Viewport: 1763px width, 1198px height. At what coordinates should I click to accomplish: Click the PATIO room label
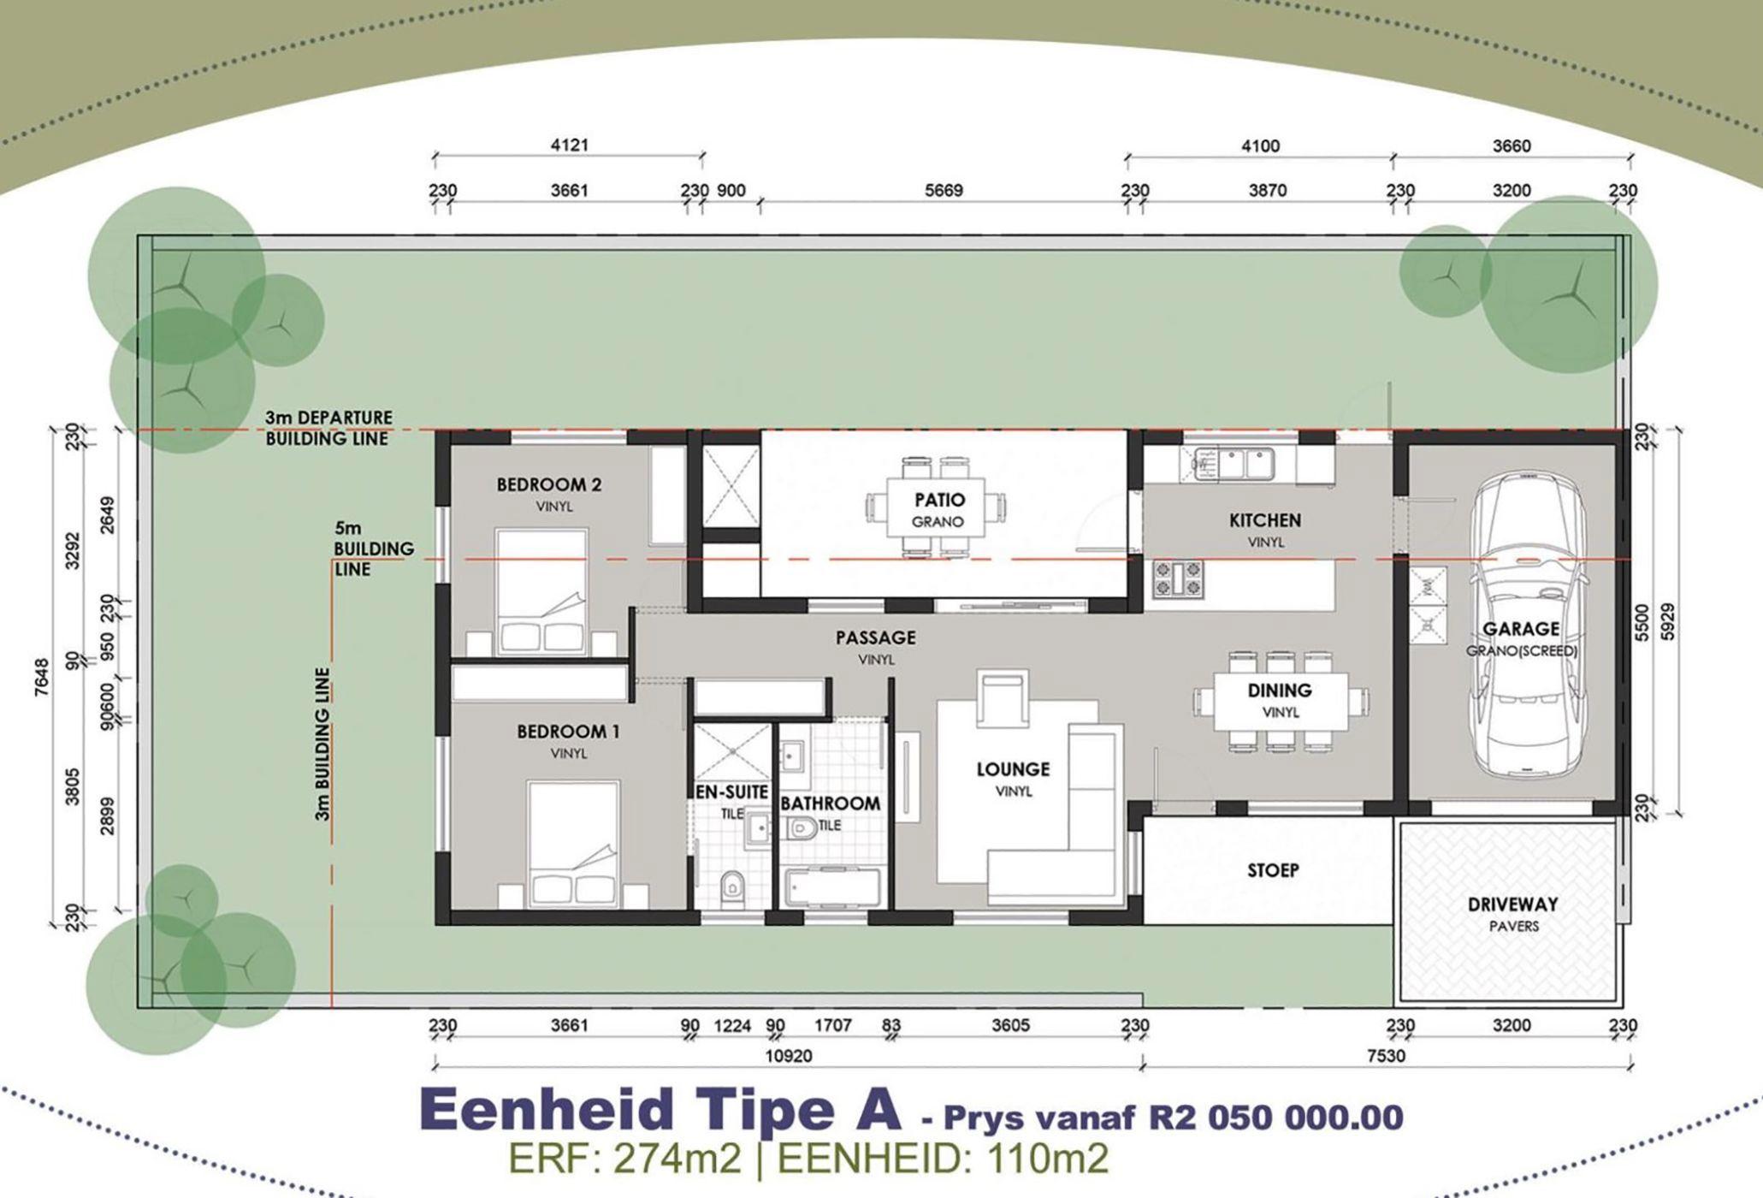(x=939, y=500)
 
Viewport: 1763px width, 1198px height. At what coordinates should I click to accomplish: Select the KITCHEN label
(x=1265, y=520)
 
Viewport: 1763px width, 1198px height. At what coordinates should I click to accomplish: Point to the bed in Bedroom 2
(x=542, y=591)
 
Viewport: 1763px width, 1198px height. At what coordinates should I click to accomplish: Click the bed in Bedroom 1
(x=573, y=843)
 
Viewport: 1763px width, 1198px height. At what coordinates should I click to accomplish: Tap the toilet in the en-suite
(x=732, y=888)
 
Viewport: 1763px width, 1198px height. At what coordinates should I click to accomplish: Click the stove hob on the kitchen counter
(x=1178, y=578)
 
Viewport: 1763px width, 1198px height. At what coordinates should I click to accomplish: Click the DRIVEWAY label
(x=1513, y=904)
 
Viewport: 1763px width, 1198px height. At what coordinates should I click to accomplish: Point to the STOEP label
(x=1273, y=870)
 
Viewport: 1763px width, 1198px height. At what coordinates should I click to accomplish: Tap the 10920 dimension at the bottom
(x=788, y=1056)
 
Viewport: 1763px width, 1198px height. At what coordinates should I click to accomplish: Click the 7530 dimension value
(x=1386, y=1056)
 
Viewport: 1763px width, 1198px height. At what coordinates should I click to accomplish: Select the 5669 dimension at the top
(x=944, y=190)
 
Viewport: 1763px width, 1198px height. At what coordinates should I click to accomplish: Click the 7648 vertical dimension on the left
(x=42, y=677)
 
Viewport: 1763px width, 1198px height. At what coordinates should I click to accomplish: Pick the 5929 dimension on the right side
(x=1666, y=622)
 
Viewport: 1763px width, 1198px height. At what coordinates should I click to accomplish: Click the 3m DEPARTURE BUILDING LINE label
(x=328, y=428)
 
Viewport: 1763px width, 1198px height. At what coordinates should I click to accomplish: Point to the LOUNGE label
(x=1013, y=769)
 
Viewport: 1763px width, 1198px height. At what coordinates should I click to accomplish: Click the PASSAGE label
(x=876, y=638)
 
